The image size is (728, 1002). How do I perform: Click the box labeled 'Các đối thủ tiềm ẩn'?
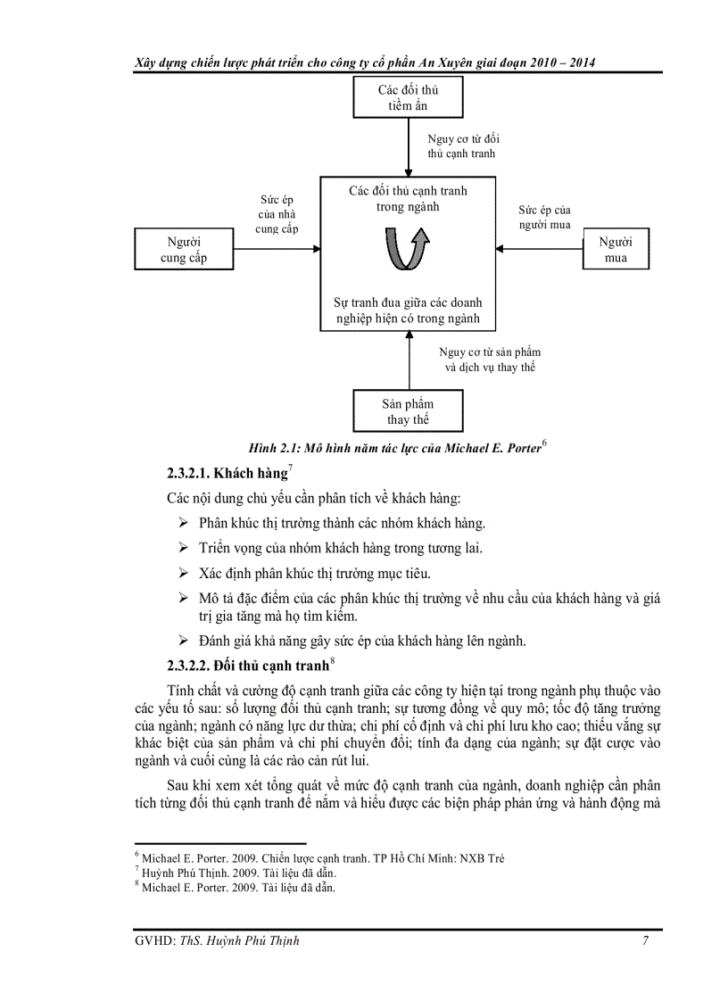(408, 97)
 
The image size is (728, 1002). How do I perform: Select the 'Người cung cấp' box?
(183, 249)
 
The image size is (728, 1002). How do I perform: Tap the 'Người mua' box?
(615, 249)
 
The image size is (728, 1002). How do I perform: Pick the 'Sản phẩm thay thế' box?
(409, 411)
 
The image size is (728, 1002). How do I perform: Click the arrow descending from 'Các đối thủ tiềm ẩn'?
(409, 147)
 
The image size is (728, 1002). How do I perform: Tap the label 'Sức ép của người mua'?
(544, 218)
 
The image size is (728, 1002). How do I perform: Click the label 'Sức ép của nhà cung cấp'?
(276, 214)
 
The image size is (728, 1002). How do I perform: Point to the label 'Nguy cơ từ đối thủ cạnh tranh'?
(461, 145)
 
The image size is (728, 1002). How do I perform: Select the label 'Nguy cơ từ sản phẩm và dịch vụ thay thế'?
(490, 360)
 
